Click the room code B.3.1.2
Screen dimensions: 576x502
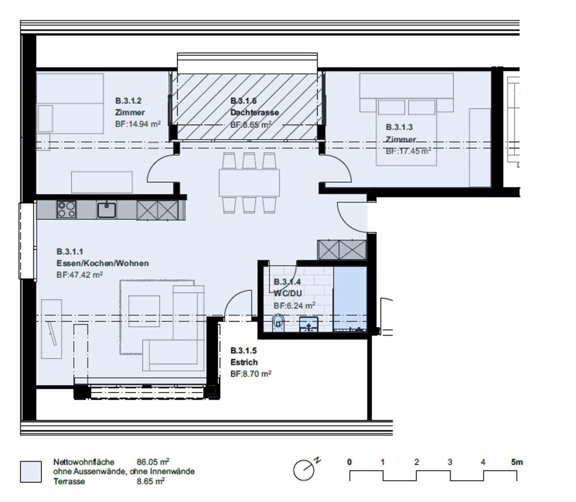click(x=128, y=101)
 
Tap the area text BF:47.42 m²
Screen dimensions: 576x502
click(x=79, y=274)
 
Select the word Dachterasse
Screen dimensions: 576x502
click(x=255, y=112)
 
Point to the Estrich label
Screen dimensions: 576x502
click(x=244, y=363)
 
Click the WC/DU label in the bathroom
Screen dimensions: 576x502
click(x=287, y=293)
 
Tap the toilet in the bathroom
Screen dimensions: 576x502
click(x=278, y=322)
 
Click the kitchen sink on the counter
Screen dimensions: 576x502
click(x=107, y=209)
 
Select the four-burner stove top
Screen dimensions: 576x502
click(x=66, y=209)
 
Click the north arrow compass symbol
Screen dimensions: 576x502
click(x=304, y=469)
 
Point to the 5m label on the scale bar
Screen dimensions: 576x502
click(x=517, y=462)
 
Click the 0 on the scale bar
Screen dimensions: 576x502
click(x=350, y=462)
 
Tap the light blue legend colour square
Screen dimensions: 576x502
click(x=31, y=471)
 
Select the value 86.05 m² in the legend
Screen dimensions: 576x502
click(x=153, y=462)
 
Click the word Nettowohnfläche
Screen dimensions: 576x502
click(x=84, y=462)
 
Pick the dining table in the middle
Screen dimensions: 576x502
click(x=249, y=183)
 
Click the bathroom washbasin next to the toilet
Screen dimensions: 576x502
click(x=309, y=324)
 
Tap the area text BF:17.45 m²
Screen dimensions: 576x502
click(x=408, y=150)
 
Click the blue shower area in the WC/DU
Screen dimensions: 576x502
click(x=350, y=299)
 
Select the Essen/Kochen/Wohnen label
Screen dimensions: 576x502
click(x=103, y=263)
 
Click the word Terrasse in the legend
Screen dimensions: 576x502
click(x=69, y=481)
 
